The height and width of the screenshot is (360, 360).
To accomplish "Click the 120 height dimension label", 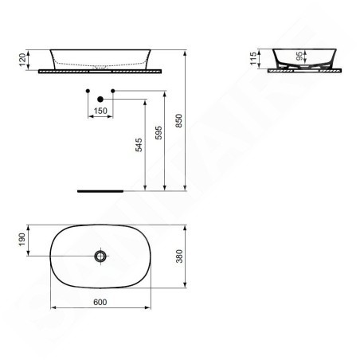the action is point(23,60).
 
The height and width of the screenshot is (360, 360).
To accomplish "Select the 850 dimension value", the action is point(179,120).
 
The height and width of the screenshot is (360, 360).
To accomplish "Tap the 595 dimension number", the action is point(158,133).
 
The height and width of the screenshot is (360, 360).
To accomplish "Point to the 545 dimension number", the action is point(139,145).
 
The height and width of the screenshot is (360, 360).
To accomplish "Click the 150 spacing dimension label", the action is point(100,111).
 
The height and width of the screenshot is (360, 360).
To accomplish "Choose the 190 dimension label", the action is point(22,240).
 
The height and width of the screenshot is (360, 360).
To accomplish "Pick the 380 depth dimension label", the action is point(179,256).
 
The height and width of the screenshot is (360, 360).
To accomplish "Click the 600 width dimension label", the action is point(100,302).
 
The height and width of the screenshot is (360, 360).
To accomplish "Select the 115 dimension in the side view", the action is point(254,58).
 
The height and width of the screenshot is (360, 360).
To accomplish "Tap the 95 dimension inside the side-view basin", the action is point(299,56).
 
